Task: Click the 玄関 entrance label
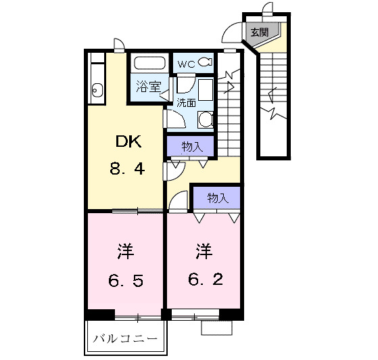pos(259,32)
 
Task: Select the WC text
pos(186,63)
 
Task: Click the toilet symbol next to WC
pos(206,63)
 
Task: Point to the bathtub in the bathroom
pos(149,64)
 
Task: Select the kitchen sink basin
pos(95,89)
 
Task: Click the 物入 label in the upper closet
pos(191,146)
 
